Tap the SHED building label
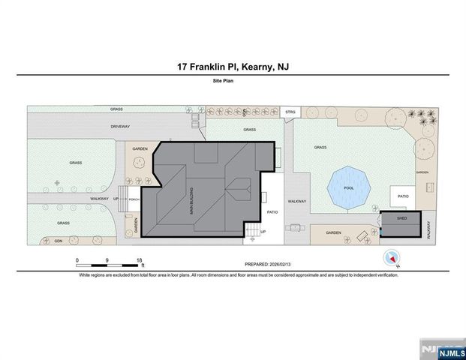(401, 220)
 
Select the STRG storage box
(291, 112)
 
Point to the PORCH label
(134, 199)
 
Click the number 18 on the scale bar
(140, 259)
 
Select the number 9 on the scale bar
(108, 259)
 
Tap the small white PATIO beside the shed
(403, 197)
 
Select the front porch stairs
(120, 199)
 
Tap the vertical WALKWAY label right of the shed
(429, 229)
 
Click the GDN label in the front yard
(58, 241)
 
